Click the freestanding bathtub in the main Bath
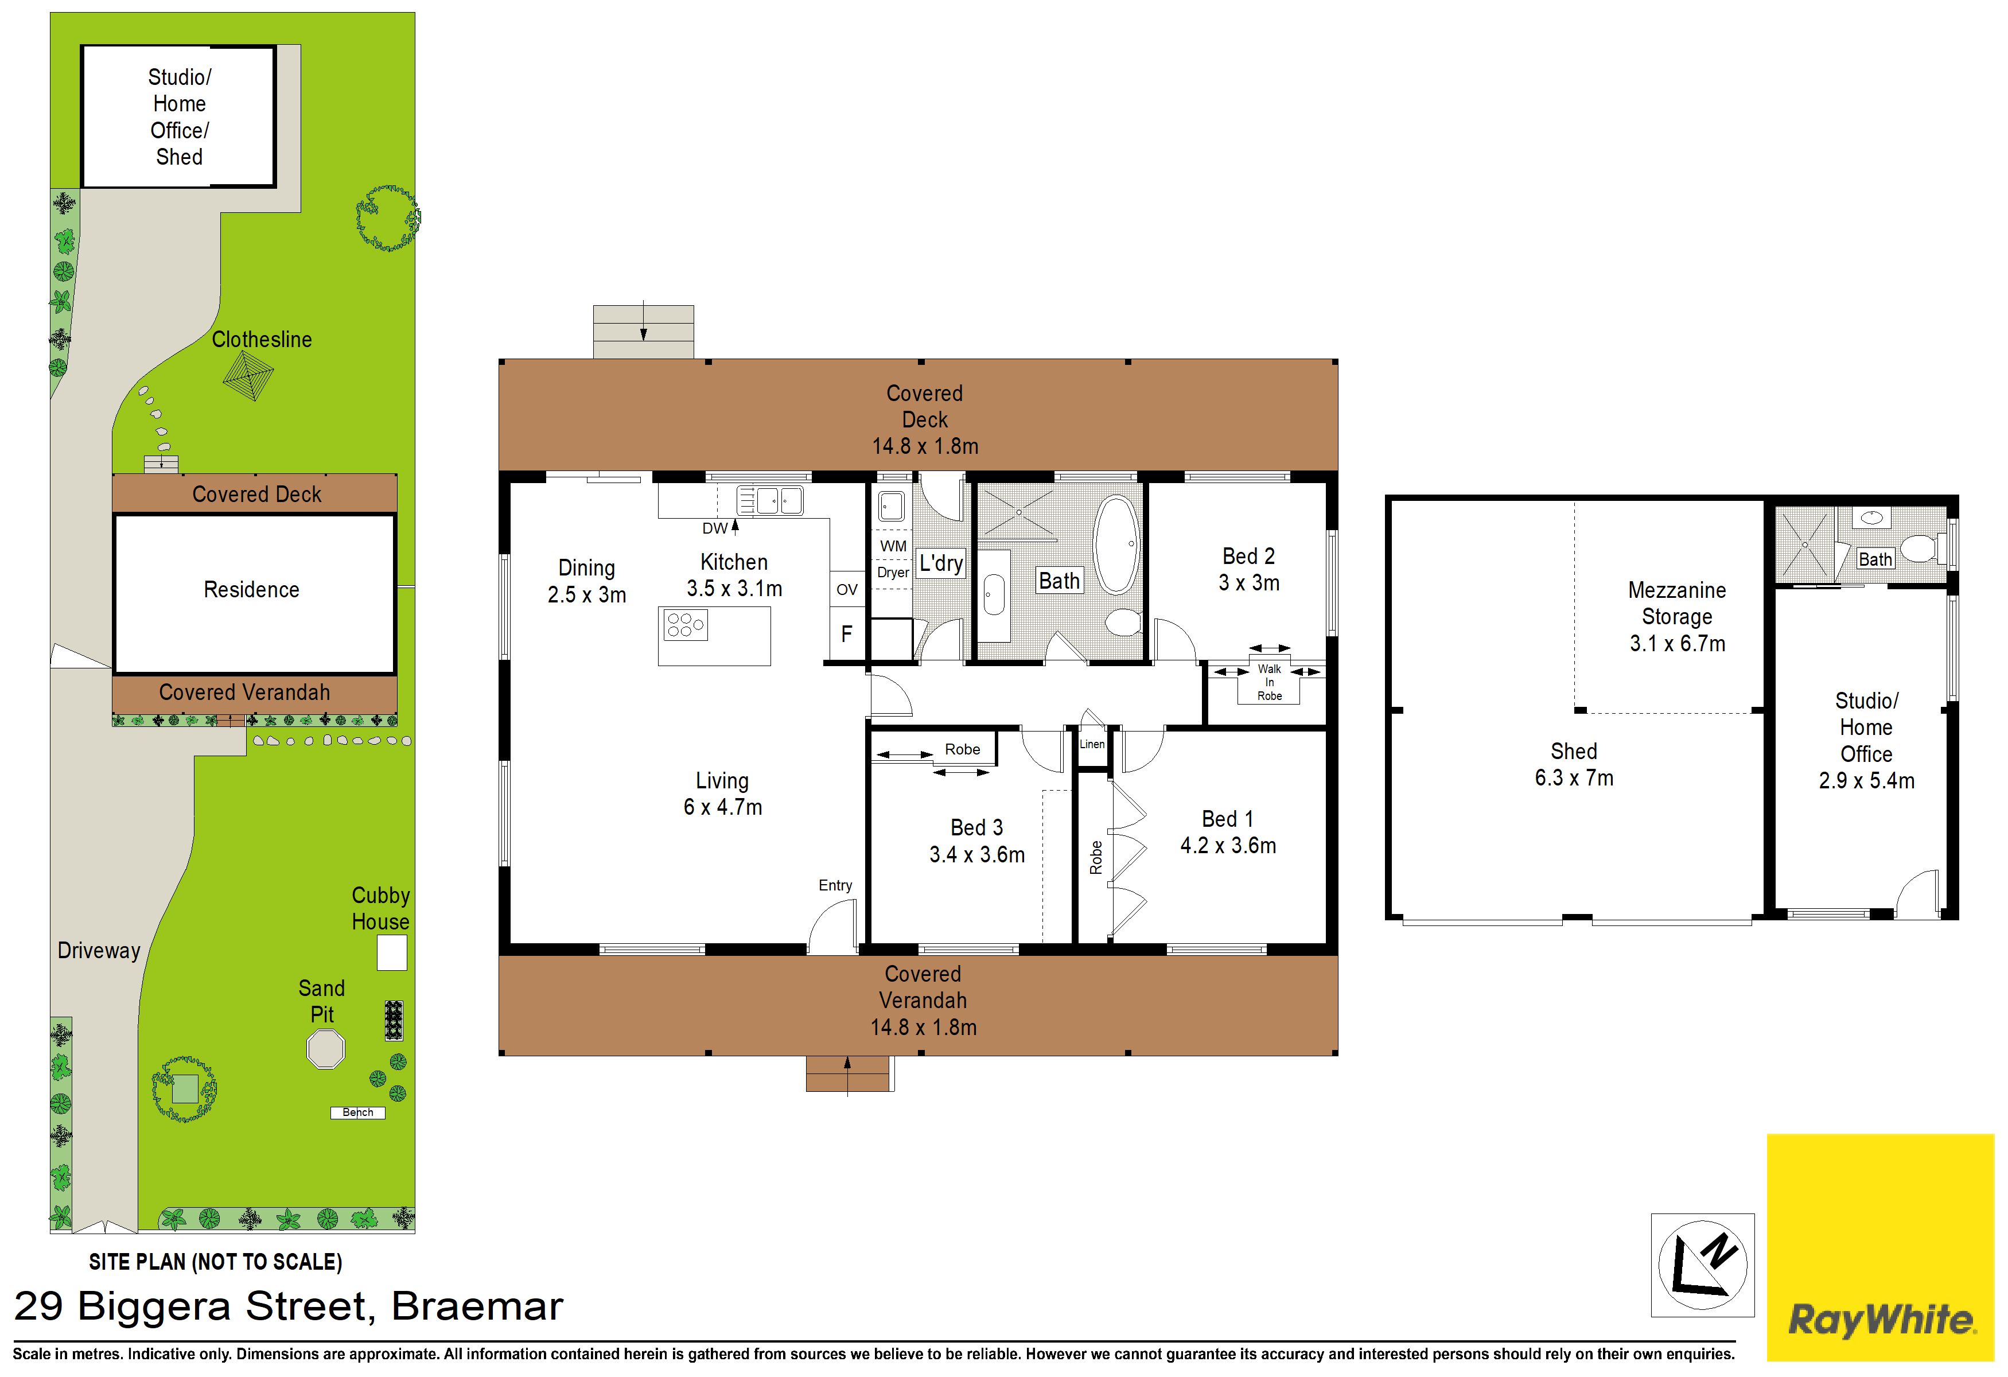pos(1116,544)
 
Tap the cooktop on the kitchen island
pos(685,625)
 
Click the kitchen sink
pos(770,500)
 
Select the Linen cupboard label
pos(1092,744)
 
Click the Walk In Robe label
pos(1269,682)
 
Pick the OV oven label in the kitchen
pos(847,589)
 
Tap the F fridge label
pos(847,633)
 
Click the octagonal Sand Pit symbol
pos(326,1049)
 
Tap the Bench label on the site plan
pos(357,1113)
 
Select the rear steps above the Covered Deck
pos(644,332)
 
